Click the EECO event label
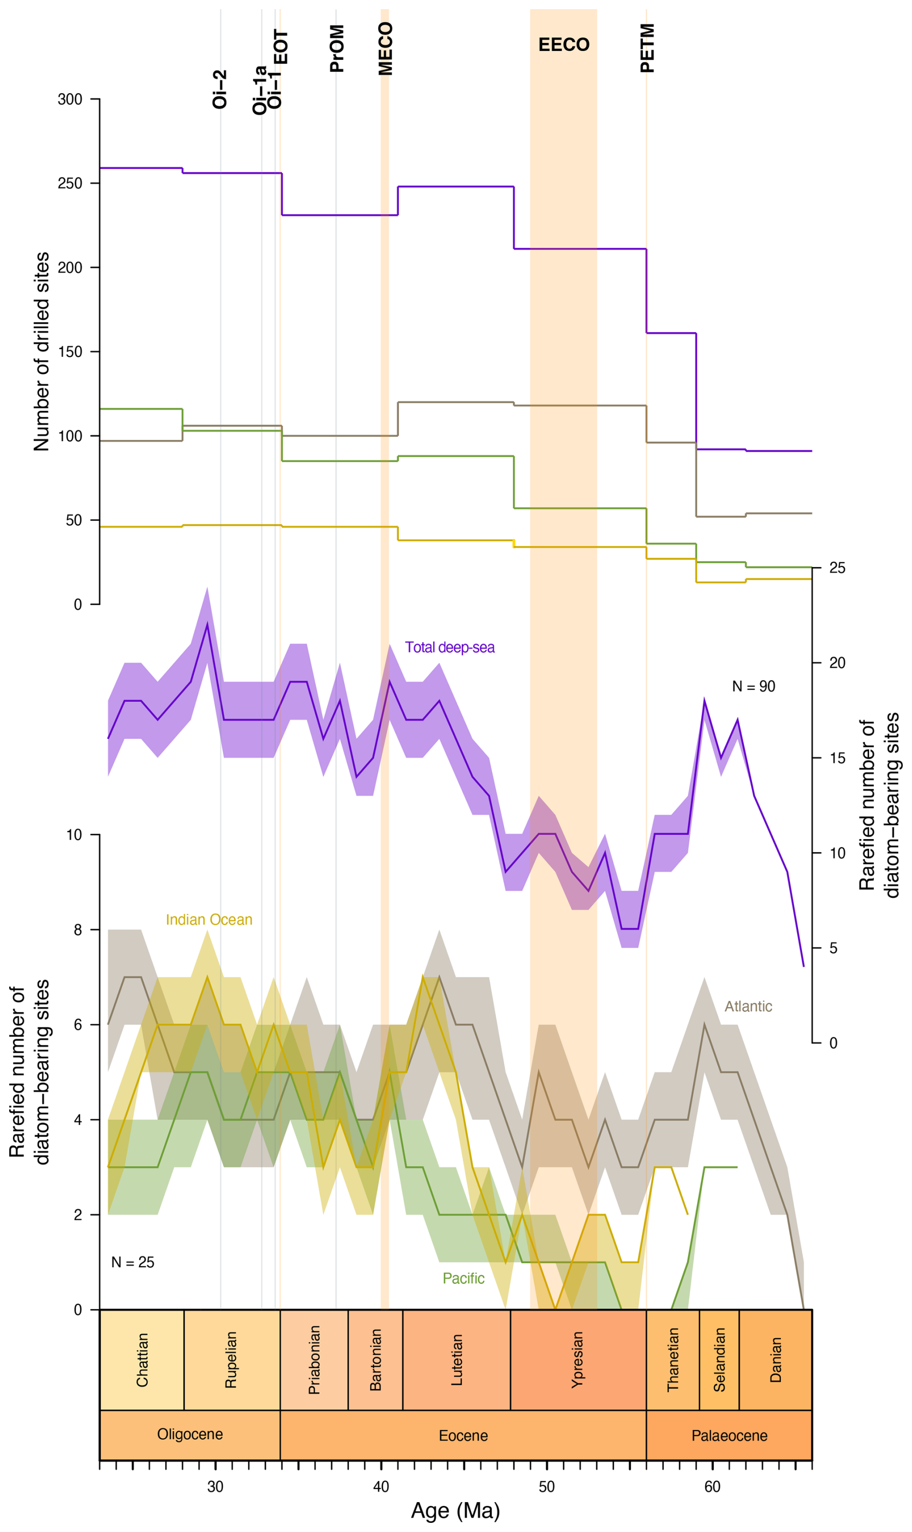tap(563, 45)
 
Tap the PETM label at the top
tap(647, 48)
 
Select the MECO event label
tap(385, 49)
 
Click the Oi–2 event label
tap(219, 90)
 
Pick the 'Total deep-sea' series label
tap(449, 647)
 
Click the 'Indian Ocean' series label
tap(209, 920)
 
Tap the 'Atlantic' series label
tap(748, 1006)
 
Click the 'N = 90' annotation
tap(753, 687)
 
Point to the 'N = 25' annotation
tap(133, 1262)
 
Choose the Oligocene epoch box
tap(190, 1434)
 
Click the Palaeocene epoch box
tap(729, 1436)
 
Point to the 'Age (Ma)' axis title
tap(456, 1510)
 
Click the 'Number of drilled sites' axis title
tap(41, 352)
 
